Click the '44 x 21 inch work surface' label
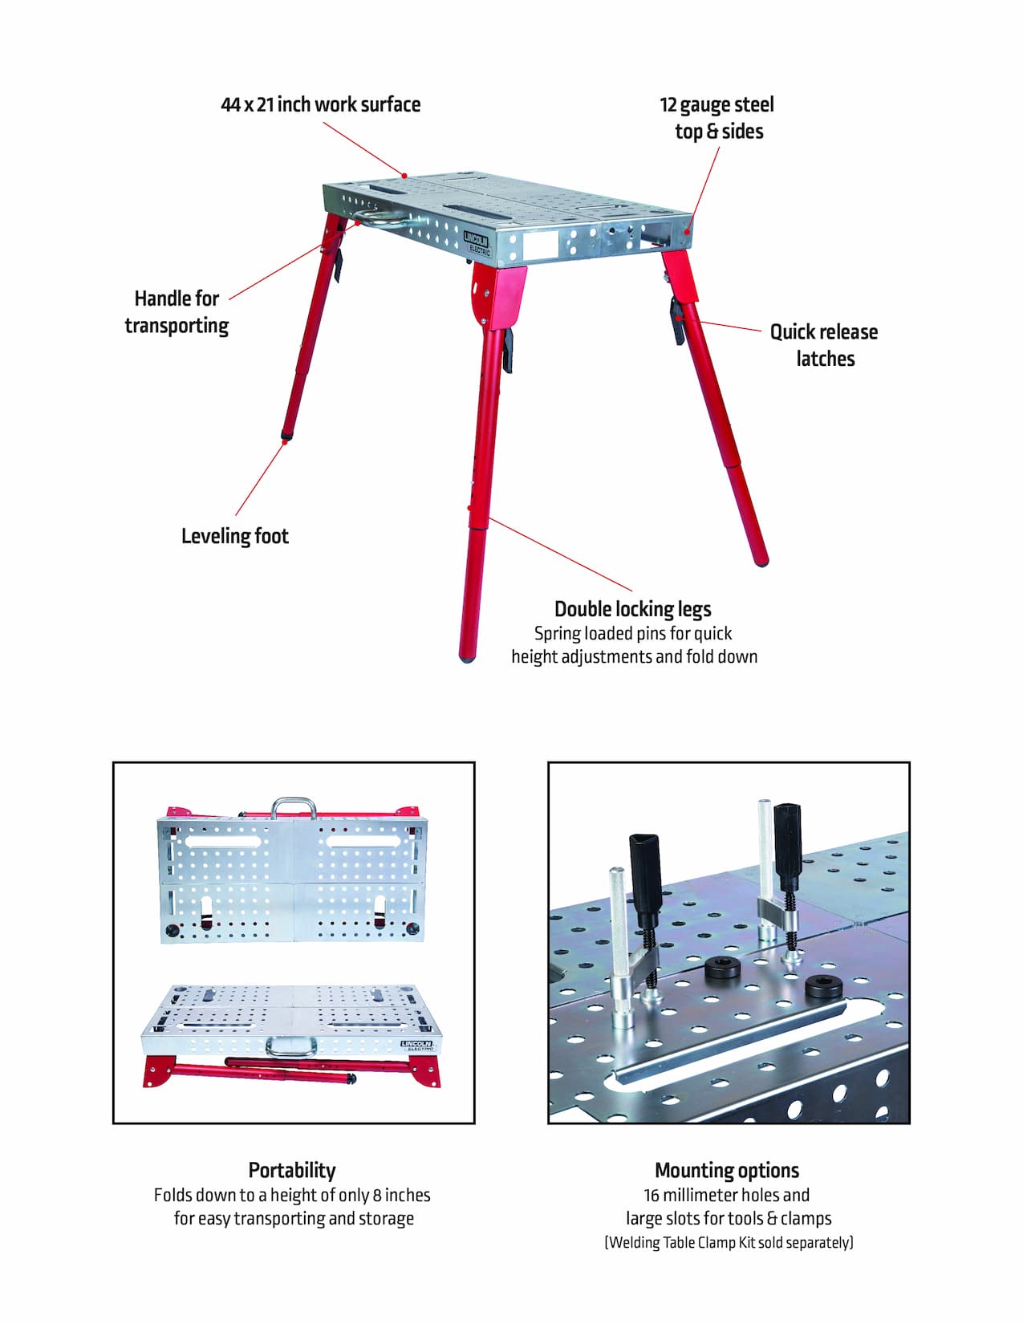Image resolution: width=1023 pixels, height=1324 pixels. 320,104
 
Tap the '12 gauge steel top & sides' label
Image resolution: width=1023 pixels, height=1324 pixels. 717,118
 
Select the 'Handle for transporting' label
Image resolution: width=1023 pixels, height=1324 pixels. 177,312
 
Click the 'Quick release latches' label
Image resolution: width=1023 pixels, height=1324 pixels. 824,345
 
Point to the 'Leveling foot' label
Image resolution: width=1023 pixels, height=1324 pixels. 234,536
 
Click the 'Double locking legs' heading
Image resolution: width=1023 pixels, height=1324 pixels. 632,608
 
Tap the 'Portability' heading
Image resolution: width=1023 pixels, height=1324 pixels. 292,1170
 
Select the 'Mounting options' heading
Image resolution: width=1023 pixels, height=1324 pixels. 727,1170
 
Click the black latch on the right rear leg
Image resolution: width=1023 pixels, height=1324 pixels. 679,319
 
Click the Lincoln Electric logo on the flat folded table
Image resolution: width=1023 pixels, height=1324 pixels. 416,1046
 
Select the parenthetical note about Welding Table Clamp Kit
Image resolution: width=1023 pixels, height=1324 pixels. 729,1242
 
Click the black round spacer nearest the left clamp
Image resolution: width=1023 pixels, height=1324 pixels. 724,969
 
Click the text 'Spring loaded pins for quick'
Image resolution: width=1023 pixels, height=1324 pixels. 632,633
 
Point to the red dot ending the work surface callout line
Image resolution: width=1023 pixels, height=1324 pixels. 405,175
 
